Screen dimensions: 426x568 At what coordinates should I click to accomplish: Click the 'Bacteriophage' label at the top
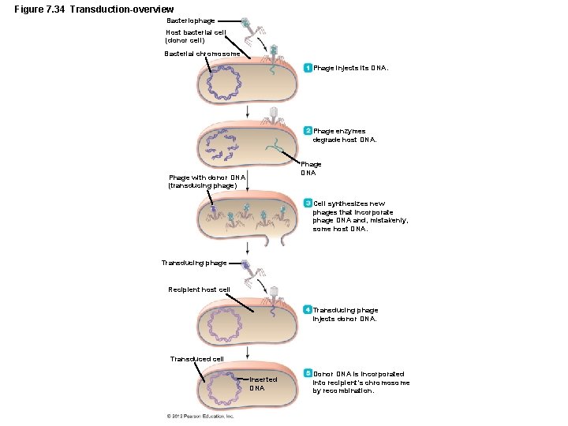point(191,20)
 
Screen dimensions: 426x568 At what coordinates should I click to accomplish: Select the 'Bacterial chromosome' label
point(196,54)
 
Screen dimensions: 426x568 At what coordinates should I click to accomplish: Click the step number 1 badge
point(308,68)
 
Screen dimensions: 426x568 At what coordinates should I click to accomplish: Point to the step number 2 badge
point(308,131)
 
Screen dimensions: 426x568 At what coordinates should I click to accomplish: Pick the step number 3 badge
point(308,204)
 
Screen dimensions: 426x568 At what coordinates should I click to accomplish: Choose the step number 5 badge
point(308,373)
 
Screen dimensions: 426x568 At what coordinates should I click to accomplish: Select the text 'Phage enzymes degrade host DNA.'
point(345,136)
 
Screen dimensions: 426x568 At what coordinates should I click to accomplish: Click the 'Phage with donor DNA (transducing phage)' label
point(207,181)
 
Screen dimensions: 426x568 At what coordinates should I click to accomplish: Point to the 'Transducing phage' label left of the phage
point(193,263)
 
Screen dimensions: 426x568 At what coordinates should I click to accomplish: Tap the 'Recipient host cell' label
point(200,290)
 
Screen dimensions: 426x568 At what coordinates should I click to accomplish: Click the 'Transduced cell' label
point(197,359)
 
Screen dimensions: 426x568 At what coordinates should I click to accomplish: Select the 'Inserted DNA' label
point(263,383)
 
